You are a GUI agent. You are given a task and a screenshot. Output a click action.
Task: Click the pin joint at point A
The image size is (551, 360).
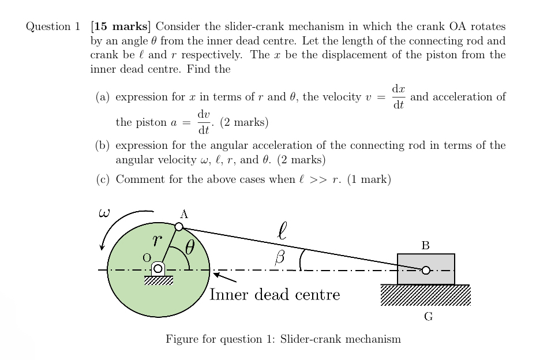pos(179,227)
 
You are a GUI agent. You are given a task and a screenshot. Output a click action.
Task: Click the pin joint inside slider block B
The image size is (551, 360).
pos(426,270)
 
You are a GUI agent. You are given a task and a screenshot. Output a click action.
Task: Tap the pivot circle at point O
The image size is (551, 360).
pos(158,269)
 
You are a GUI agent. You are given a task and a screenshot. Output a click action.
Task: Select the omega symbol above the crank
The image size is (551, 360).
pos(104,213)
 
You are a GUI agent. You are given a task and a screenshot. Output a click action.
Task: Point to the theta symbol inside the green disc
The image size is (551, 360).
pos(190,248)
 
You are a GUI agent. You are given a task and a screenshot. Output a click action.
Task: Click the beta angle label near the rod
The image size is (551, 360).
pos(280,258)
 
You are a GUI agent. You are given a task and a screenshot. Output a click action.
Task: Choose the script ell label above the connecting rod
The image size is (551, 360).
pos(282,232)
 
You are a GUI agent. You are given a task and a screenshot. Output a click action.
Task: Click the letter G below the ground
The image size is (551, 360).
pos(428,316)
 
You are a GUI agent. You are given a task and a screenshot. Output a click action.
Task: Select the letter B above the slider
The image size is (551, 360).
pos(425,246)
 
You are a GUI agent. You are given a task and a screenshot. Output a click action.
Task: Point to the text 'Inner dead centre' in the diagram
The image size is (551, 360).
pos(275,295)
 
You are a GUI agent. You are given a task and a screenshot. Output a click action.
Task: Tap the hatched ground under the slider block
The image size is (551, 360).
pos(426,295)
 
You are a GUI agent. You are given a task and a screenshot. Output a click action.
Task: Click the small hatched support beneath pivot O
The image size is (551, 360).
pos(158,280)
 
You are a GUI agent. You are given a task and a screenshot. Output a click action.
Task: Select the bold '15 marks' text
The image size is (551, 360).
pos(122,27)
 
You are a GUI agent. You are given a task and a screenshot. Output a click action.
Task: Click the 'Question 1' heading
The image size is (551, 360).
pos(53,27)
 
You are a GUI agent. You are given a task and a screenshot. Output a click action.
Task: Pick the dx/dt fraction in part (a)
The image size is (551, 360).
pos(398,97)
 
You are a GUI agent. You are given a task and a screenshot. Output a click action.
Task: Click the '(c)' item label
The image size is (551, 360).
pos(103,179)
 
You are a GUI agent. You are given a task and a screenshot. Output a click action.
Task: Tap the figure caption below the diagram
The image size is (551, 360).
pos(283,339)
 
